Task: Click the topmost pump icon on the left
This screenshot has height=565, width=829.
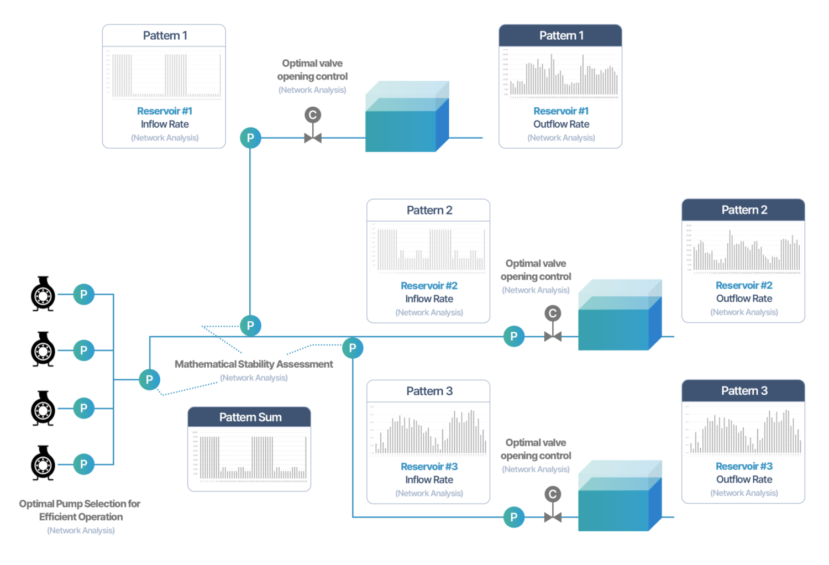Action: click(x=43, y=294)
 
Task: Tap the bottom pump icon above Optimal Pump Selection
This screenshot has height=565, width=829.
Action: click(x=43, y=463)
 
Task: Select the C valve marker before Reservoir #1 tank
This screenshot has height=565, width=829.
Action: click(x=313, y=115)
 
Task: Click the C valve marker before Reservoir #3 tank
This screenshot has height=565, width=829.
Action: click(x=553, y=494)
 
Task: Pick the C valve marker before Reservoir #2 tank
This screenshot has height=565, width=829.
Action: click(x=553, y=313)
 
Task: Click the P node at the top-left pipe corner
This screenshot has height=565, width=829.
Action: click(x=250, y=138)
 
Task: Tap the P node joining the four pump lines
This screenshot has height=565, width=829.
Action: click(x=149, y=379)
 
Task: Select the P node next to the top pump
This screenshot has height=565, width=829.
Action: click(x=83, y=294)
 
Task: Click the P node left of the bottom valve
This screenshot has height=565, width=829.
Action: click(x=514, y=517)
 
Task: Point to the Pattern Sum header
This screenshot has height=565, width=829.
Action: click(x=250, y=417)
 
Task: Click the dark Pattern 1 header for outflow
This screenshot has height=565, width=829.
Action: click(x=560, y=36)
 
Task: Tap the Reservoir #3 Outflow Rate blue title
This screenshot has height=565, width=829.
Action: click(x=744, y=466)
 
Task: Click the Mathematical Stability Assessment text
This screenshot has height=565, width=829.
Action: click(x=254, y=364)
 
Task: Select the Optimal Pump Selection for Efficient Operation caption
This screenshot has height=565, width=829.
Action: click(x=80, y=510)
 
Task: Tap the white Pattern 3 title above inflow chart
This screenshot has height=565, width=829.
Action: click(x=429, y=391)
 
